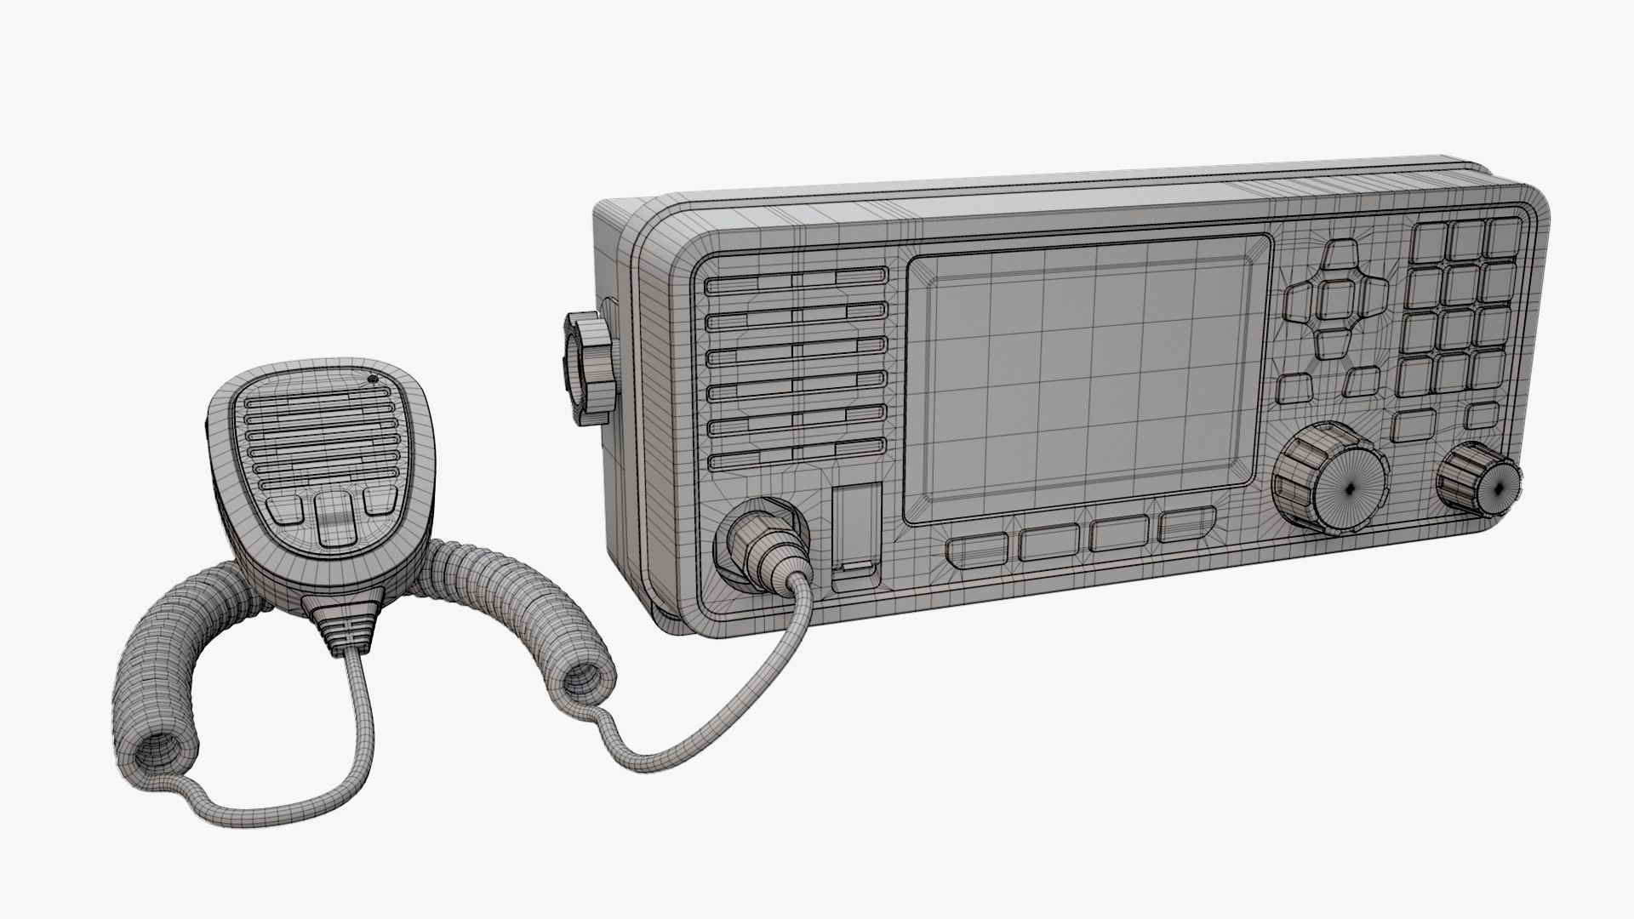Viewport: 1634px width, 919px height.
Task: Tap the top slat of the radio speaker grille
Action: pyautogui.click(x=796, y=279)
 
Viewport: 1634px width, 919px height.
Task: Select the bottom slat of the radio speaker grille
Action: pyautogui.click(x=796, y=460)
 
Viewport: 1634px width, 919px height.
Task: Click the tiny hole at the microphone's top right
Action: pyautogui.click(x=373, y=380)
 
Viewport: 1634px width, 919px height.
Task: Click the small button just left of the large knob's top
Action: pyautogui.click(x=1294, y=388)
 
